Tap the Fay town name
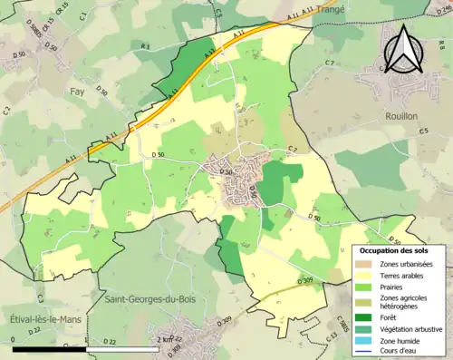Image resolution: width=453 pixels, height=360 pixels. click(80, 92)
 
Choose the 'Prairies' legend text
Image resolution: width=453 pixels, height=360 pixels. click(393, 287)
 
